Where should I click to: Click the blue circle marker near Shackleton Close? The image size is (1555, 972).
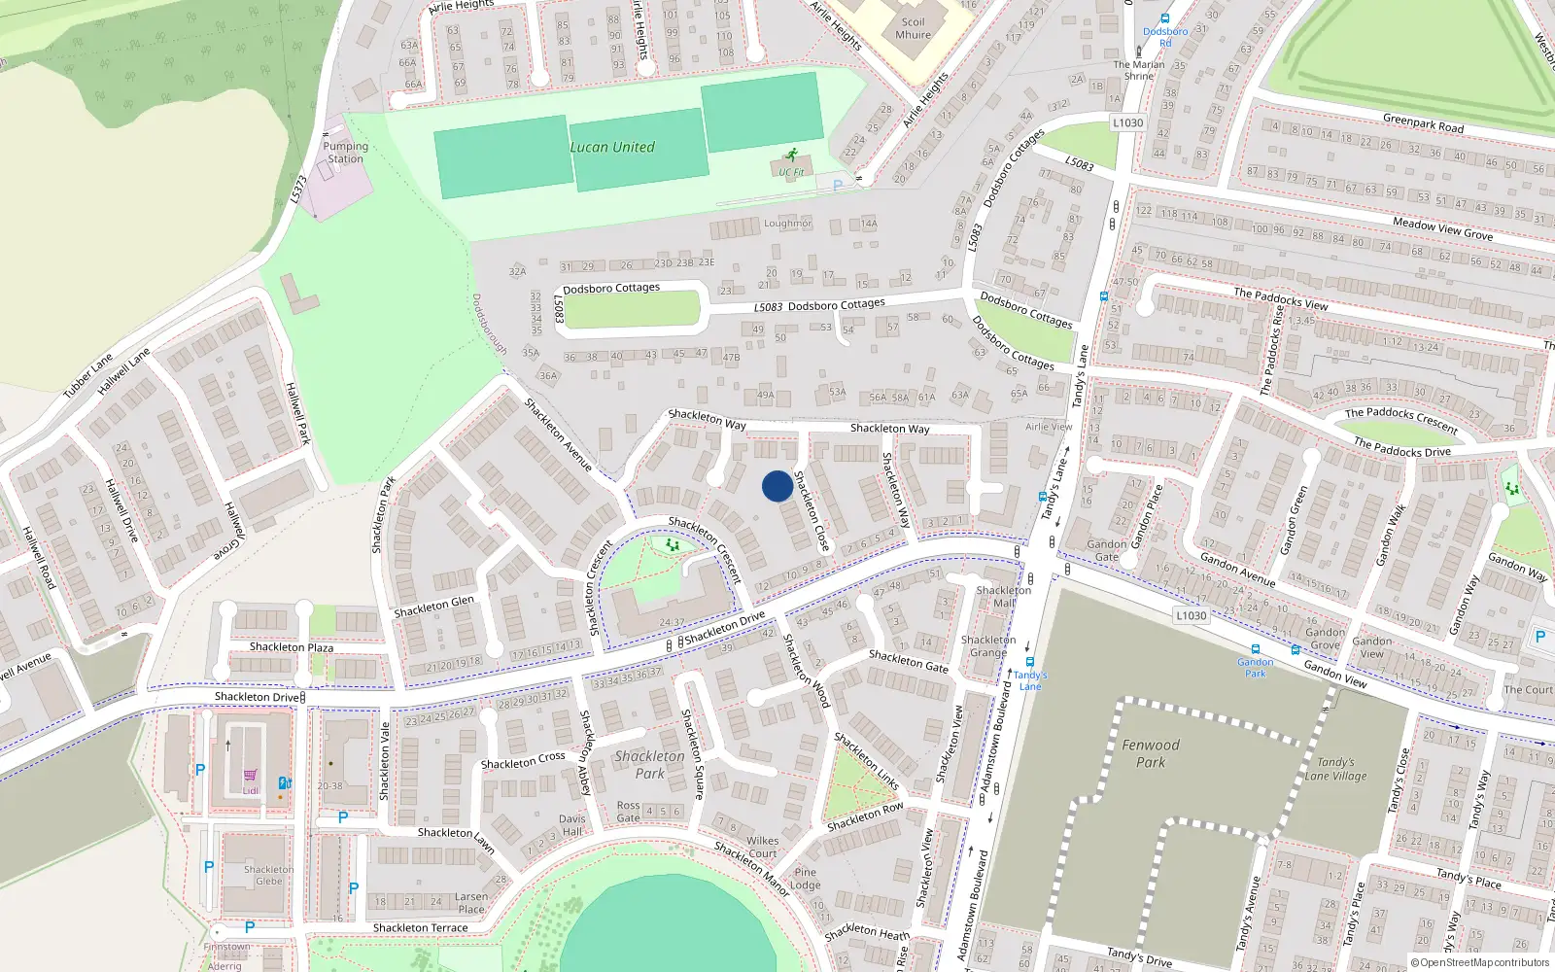[777, 486]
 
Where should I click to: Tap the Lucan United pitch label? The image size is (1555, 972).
[612, 148]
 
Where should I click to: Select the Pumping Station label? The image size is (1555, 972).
[345, 153]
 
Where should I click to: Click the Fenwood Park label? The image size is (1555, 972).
[1151, 753]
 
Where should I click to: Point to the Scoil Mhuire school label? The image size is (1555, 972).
[913, 28]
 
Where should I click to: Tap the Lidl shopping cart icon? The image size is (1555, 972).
[251, 776]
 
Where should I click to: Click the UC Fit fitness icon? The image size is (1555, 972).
[792, 156]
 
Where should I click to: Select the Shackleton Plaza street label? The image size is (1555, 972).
[291, 647]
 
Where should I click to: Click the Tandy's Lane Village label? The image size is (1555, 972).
[1335, 769]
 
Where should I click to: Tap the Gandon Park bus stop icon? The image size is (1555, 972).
[1255, 649]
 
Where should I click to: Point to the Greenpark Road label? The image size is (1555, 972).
[1423, 123]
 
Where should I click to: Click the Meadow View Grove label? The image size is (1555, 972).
[1442, 229]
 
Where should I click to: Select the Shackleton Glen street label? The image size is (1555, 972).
[433, 607]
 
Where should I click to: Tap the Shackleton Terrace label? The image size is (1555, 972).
[420, 928]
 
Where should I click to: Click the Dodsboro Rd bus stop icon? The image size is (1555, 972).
[1164, 18]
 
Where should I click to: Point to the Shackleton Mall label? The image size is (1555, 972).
[1004, 596]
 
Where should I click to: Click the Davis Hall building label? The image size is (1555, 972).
[572, 824]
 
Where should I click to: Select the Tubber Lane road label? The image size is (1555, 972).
[88, 375]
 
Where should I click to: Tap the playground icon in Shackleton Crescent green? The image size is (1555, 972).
[673, 545]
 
